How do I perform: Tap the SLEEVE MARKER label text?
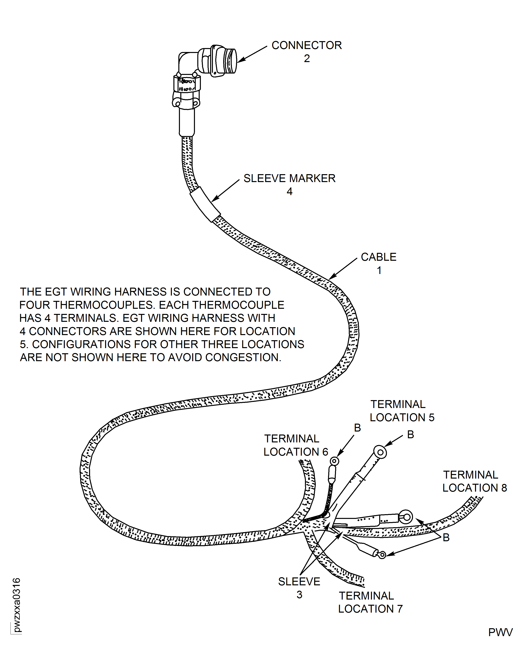click(x=289, y=179)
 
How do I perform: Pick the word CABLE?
click(x=379, y=257)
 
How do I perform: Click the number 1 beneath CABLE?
click(x=379, y=270)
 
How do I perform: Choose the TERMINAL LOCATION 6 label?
click(x=296, y=445)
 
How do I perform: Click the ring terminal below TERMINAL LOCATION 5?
click(x=380, y=452)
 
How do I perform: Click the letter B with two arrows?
click(x=446, y=537)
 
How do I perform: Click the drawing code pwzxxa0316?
click(x=17, y=605)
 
